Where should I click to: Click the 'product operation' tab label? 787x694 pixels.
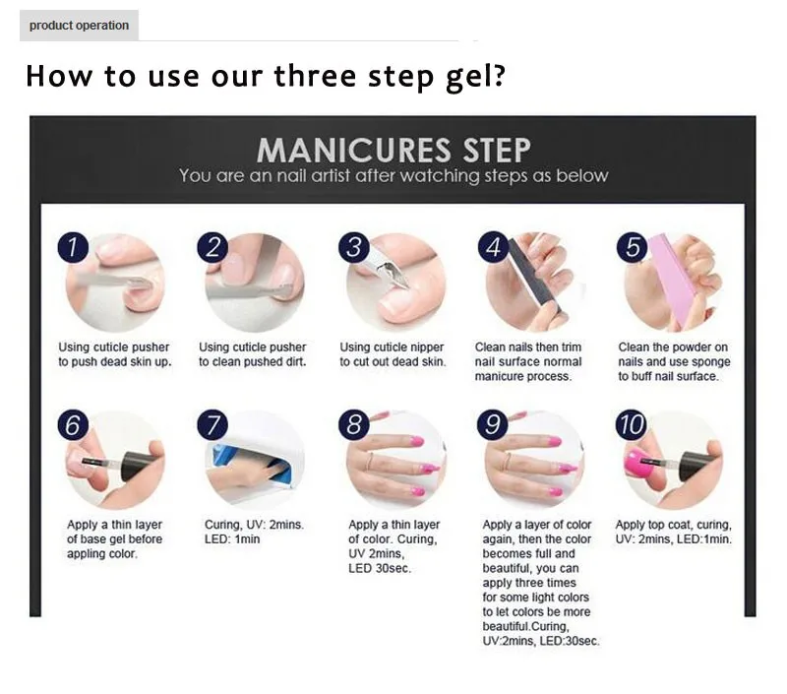pyautogui.click(x=79, y=26)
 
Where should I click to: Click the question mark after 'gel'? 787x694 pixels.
pyautogui.click(x=499, y=77)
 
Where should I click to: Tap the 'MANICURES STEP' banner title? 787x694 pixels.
pyautogui.click(x=393, y=151)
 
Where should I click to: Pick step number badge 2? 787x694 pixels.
pyautogui.click(x=212, y=247)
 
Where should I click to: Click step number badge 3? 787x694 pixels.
pyautogui.click(x=353, y=247)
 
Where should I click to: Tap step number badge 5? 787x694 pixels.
pyautogui.click(x=635, y=247)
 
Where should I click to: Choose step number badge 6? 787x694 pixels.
pyautogui.click(x=72, y=425)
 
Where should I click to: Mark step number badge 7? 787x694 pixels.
pyautogui.click(x=213, y=425)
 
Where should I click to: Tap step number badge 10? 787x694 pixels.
pyautogui.click(x=631, y=425)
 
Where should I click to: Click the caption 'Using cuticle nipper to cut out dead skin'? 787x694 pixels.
pyautogui.click(x=392, y=354)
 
